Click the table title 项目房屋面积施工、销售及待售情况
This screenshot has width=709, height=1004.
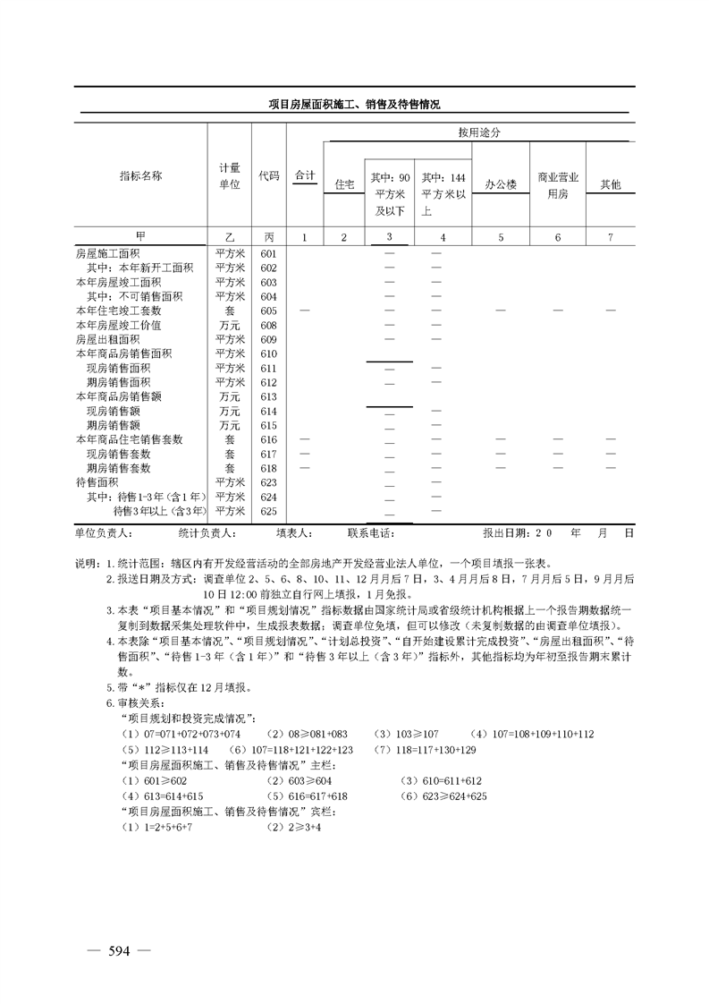coord(355,105)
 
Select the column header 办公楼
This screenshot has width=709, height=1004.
coord(501,184)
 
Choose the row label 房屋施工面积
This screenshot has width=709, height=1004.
coord(108,254)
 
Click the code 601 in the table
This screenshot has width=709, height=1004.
coord(268,254)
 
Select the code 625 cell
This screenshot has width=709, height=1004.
coord(268,511)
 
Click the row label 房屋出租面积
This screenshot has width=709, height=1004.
coord(108,340)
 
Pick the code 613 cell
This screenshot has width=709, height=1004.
coord(268,396)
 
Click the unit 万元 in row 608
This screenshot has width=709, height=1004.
coord(230,326)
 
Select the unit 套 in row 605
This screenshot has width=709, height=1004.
coord(230,311)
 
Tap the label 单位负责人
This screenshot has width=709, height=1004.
coord(104,532)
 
